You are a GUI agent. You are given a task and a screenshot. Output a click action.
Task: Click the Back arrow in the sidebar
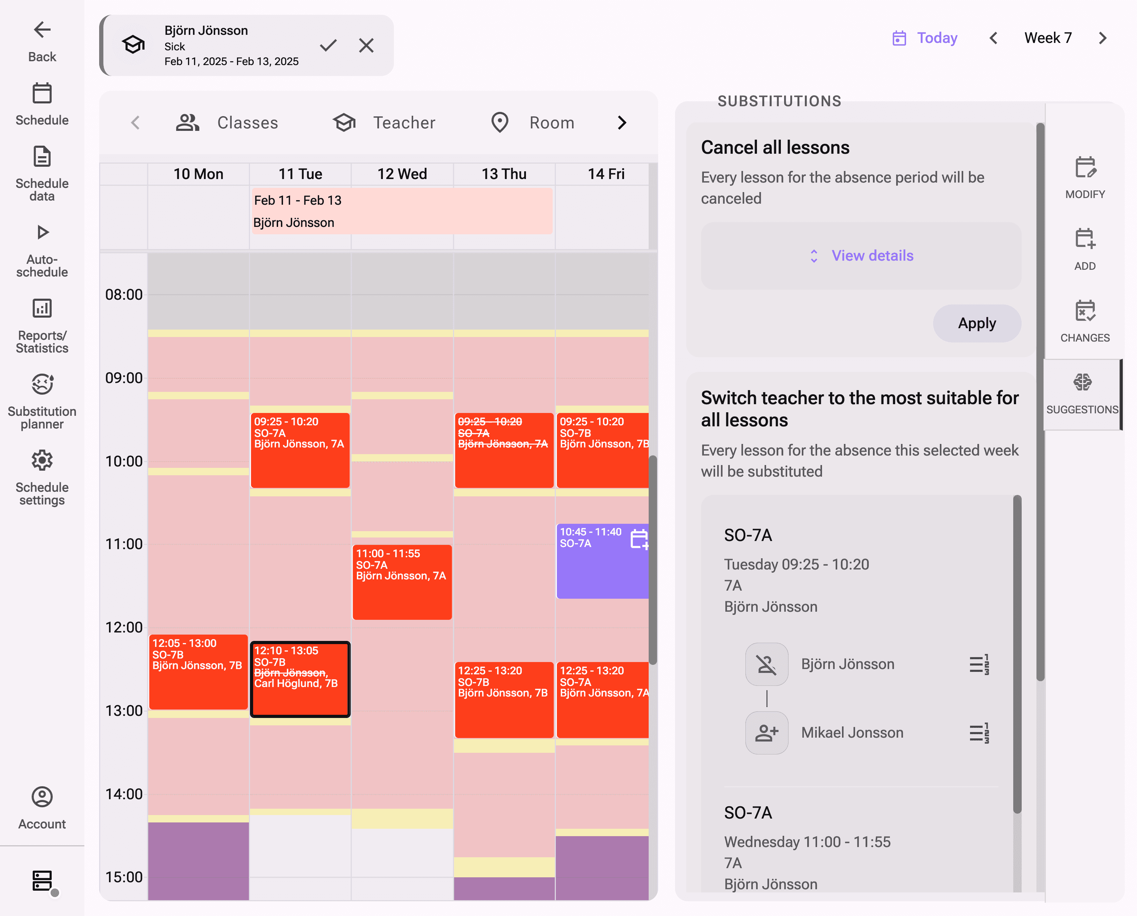click(x=42, y=30)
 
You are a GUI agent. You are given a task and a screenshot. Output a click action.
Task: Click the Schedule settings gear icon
click(x=42, y=461)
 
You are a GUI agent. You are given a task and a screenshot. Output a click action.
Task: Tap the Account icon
click(x=42, y=797)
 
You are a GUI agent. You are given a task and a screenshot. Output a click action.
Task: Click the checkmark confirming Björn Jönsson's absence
click(x=328, y=45)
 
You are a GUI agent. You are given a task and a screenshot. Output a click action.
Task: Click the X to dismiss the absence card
click(x=366, y=45)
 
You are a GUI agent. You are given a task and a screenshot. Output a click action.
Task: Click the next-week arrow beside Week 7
click(x=1102, y=38)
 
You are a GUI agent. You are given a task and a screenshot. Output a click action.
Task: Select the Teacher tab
click(x=385, y=123)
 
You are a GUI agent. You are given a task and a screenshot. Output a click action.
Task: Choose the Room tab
click(x=533, y=123)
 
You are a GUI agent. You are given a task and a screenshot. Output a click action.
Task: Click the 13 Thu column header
click(x=503, y=174)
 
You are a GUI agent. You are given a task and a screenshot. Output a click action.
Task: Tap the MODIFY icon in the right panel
click(x=1085, y=168)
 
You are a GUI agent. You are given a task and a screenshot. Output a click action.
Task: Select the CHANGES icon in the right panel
click(x=1085, y=312)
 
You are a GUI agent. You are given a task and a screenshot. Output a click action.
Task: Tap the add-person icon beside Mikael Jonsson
click(x=767, y=732)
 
